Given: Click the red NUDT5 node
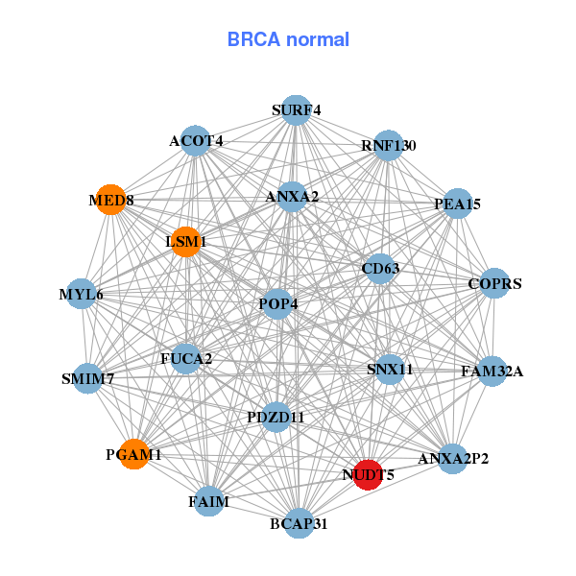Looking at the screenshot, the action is pos(368,473).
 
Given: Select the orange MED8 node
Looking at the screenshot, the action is pos(111,200).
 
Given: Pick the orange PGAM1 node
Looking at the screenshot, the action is pos(134,454).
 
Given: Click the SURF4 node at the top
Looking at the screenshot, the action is pos(297,110).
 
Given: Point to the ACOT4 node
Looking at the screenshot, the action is pos(195,141).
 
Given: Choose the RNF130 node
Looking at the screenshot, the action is pos(388,146).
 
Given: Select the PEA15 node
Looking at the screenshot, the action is pos(458,204).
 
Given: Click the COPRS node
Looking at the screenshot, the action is pos(493,283).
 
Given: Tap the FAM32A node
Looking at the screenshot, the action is pos(492,371).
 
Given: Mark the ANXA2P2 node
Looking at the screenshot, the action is pos(451,458).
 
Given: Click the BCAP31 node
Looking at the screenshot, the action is pos(299,523).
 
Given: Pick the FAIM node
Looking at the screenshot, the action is pos(210,500).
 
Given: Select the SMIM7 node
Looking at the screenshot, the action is pos(88,378).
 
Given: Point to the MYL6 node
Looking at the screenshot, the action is pos(84,293).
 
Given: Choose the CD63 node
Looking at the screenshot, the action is pos(379,269).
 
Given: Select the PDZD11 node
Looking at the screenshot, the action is pos(276,417).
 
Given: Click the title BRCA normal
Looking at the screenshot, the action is pos(288,39).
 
